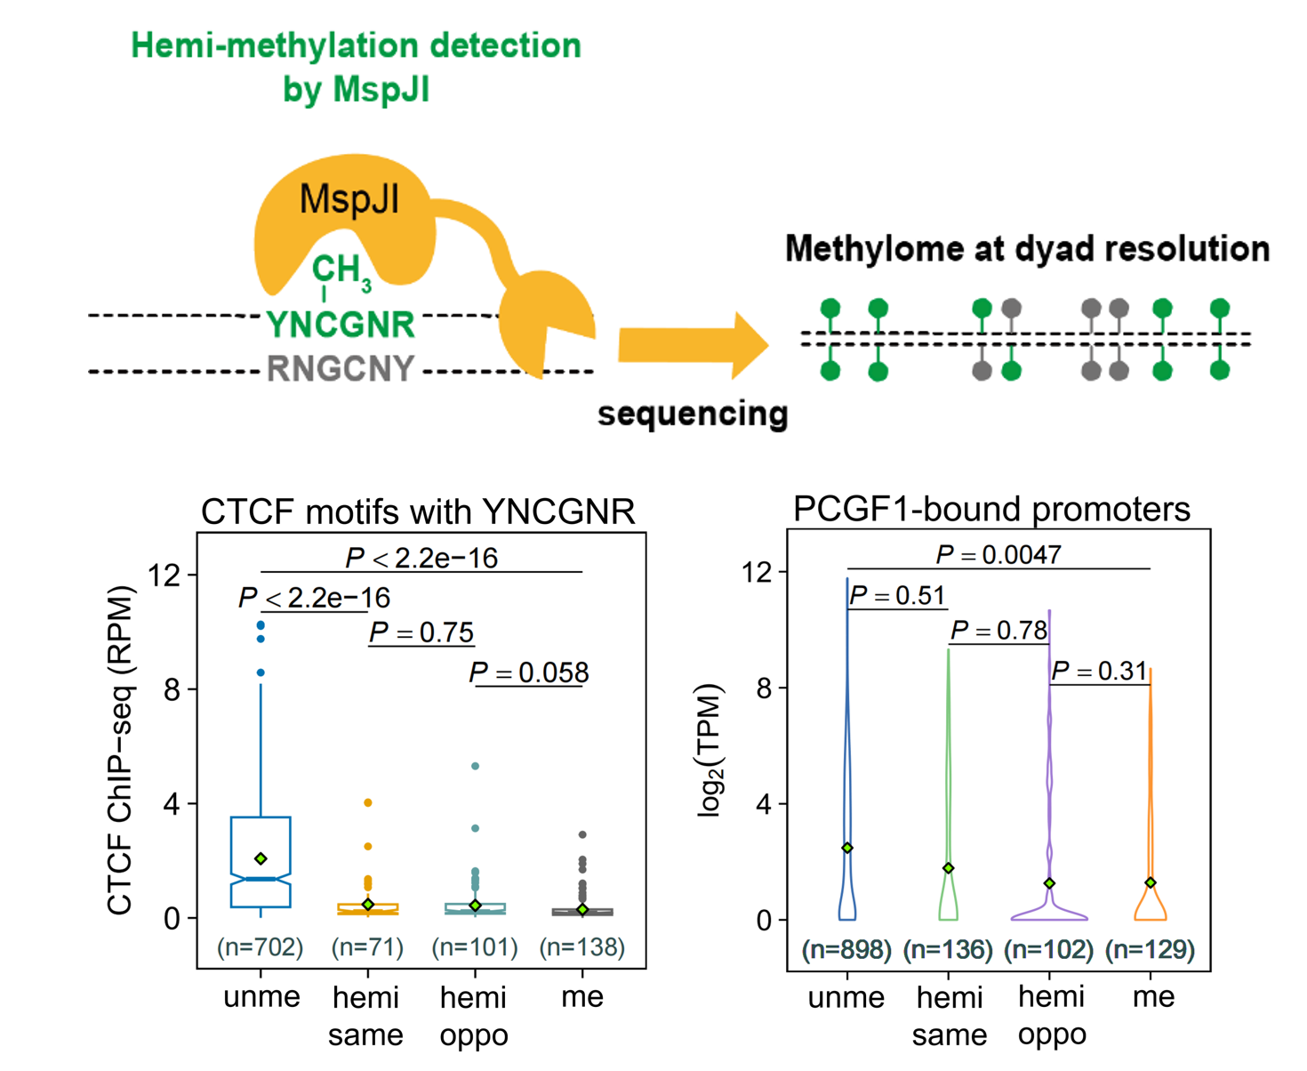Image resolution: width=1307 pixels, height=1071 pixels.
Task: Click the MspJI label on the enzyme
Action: click(x=349, y=199)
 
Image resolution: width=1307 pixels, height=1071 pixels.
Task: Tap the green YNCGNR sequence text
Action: click(x=341, y=326)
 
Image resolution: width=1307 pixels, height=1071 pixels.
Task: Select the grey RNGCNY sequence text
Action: click(x=341, y=368)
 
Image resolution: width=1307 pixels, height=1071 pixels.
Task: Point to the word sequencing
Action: click(x=693, y=414)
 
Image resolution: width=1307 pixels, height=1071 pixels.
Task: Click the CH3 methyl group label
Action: click(x=340, y=270)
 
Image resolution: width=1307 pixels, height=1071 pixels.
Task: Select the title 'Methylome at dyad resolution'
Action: click(x=1027, y=249)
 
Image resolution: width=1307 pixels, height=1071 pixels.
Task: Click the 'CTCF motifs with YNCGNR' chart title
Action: click(x=418, y=511)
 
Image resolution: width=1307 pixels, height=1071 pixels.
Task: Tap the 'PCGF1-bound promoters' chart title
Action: click(x=991, y=509)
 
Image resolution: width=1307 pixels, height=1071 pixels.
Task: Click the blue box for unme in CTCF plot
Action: click(x=261, y=861)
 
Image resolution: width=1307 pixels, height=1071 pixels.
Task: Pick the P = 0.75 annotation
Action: click(x=421, y=632)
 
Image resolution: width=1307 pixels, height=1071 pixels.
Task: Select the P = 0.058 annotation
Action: click(x=529, y=672)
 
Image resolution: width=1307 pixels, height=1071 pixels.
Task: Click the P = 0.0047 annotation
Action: click(x=998, y=555)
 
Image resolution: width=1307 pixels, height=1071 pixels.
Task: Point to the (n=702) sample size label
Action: click(x=261, y=947)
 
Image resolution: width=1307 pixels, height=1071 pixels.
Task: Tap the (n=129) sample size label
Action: click(x=1150, y=950)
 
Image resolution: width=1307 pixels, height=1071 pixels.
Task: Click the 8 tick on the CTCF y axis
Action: click(x=172, y=689)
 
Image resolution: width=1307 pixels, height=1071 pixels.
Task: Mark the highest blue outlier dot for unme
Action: click(x=261, y=625)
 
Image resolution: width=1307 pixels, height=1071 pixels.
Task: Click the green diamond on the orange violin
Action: click(x=1150, y=882)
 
